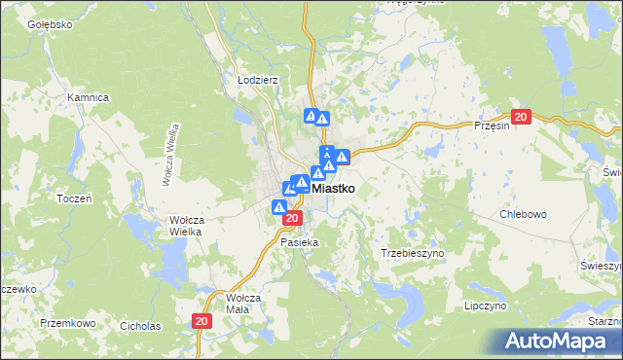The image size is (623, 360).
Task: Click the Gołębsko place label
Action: click(x=51, y=23)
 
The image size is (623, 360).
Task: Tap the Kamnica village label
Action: click(x=87, y=97)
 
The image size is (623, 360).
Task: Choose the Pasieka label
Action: click(x=299, y=241)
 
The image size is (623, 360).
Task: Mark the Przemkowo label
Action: click(x=67, y=322)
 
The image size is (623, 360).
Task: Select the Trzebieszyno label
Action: click(x=411, y=252)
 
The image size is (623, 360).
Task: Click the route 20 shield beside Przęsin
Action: click(x=520, y=118)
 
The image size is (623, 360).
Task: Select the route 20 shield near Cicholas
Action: click(x=201, y=321)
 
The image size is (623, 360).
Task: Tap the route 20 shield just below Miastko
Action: click(x=291, y=219)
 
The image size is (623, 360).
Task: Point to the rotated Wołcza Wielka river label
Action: click(x=171, y=154)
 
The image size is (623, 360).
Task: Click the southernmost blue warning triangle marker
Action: click(x=279, y=207)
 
